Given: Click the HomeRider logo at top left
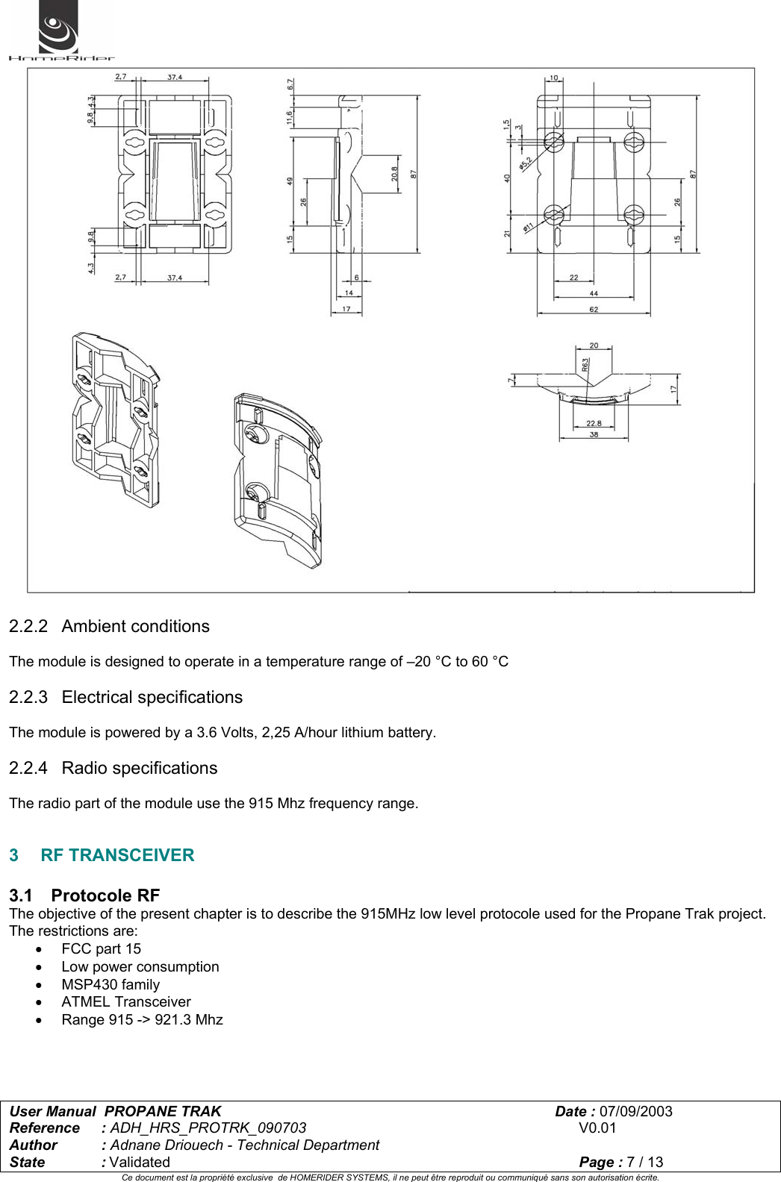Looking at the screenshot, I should [x=60, y=31].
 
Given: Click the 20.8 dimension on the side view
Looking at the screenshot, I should [x=395, y=175].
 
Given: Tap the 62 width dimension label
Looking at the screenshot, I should [x=594, y=309].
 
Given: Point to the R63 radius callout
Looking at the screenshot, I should [x=585, y=364].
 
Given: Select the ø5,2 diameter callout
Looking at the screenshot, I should [x=526, y=163].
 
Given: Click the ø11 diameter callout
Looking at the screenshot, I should [x=528, y=226].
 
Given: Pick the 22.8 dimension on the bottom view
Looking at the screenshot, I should [x=594, y=423].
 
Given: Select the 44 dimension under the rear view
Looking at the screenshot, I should [x=594, y=293].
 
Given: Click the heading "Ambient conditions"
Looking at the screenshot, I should [x=135, y=627].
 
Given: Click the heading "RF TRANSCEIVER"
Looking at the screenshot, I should [x=117, y=855].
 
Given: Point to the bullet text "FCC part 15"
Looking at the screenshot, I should [x=101, y=949].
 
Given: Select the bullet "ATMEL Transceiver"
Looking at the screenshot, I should [x=125, y=1002].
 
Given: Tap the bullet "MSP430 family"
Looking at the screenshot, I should [x=111, y=985].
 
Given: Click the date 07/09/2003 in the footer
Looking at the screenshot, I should [x=635, y=1112].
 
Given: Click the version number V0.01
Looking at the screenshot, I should [x=597, y=1128].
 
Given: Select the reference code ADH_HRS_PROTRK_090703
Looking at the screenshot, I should [x=208, y=1128].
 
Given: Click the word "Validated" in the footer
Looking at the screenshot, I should [x=140, y=1163].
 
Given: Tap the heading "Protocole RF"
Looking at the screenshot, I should [x=105, y=895].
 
